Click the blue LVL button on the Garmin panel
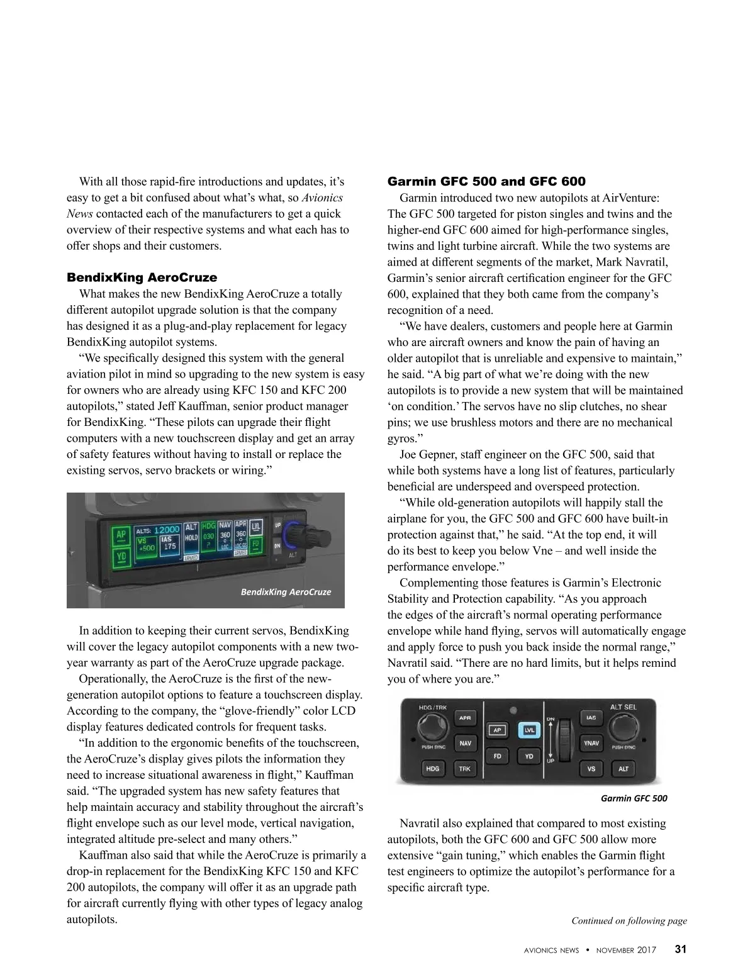pyautogui.click(x=530, y=730)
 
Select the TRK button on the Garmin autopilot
pyautogui.click(x=464, y=769)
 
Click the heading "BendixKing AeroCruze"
pyautogui.click(x=142, y=277)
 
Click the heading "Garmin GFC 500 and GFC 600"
pyautogui.click(x=486, y=182)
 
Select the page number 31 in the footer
pyautogui.click(x=681, y=949)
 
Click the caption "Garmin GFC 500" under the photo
pyautogui.click(x=634, y=798)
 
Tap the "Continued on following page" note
pyautogui.click(x=629, y=920)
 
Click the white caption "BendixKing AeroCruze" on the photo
pyautogui.click(x=286, y=592)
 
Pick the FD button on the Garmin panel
pyautogui.click(x=497, y=756)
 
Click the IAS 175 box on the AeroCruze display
pyautogui.click(x=169, y=544)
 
